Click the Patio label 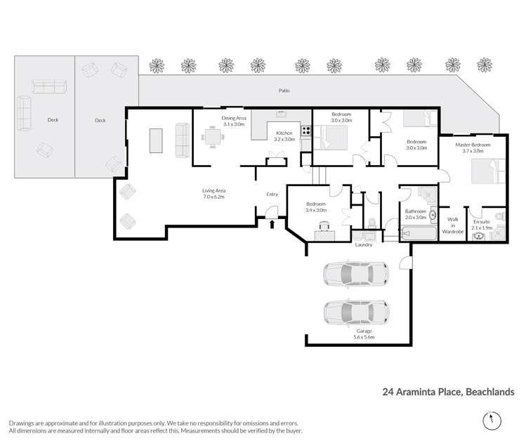coord(283,91)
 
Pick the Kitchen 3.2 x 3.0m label coord(284,135)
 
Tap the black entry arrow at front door coord(273,224)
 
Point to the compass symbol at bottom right coord(489,421)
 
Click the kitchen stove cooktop coord(305,131)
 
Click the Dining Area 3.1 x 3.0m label coord(233,121)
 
